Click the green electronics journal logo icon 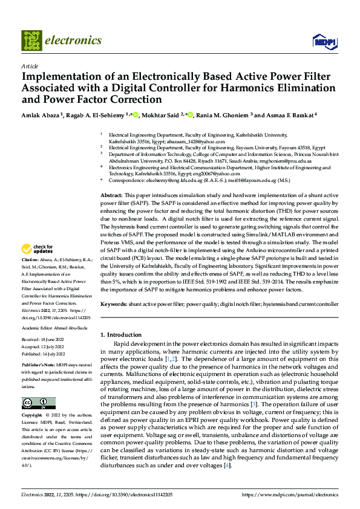31,41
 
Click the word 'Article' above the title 30,65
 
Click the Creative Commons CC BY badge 38,403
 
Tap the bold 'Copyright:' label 33,416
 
